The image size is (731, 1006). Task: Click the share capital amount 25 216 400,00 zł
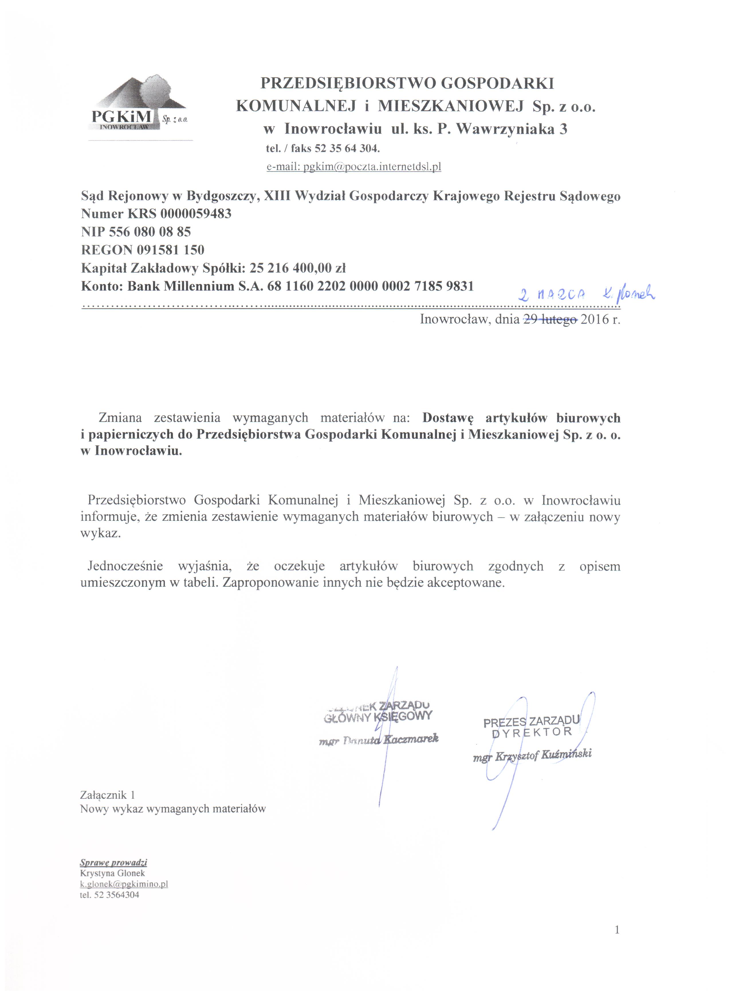click(x=297, y=268)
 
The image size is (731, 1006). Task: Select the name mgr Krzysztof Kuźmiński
click(x=532, y=756)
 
